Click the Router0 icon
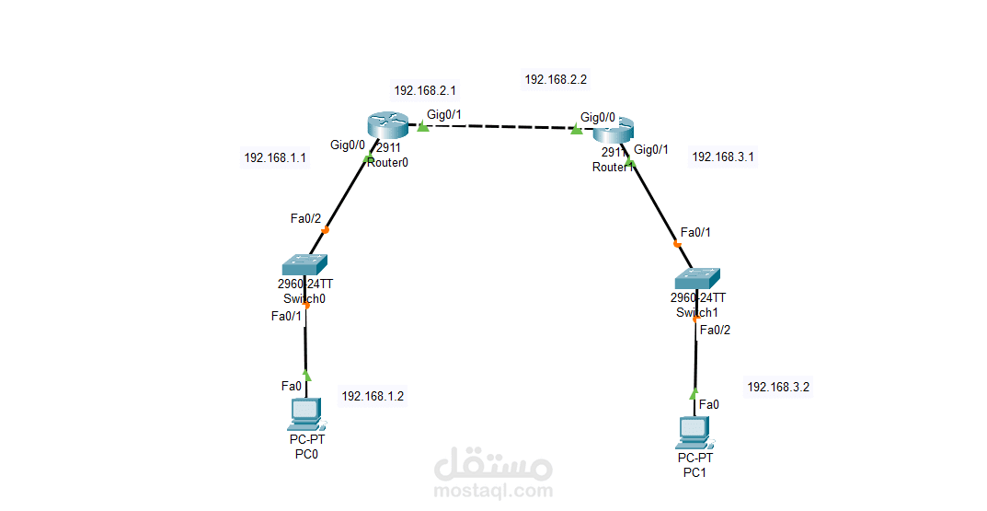pyautogui.click(x=386, y=124)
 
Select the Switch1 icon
pyautogui.click(x=696, y=278)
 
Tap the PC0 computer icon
pyautogui.click(x=305, y=415)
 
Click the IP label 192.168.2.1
pyautogui.click(x=425, y=91)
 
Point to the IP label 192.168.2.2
pyautogui.click(x=556, y=80)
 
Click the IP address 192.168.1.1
pyautogui.click(x=275, y=158)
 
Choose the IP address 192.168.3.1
pyautogui.click(x=722, y=157)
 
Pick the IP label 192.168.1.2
pyautogui.click(x=373, y=397)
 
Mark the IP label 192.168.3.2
pyautogui.click(x=778, y=388)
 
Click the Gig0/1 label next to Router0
pyautogui.click(x=443, y=113)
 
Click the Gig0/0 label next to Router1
pyautogui.click(x=598, y=118)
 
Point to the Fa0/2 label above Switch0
pyautogui.click(x=305, y=218)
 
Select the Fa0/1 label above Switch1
pyautogui.click(x=695, y=232)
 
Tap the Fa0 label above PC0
pyautogui.click(x=292, y=386)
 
